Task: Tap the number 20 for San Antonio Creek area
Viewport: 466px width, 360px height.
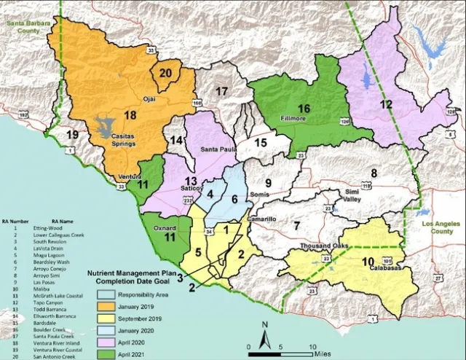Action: [x=165, y=73]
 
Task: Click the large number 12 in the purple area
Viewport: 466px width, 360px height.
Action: [x=386, y=104]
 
